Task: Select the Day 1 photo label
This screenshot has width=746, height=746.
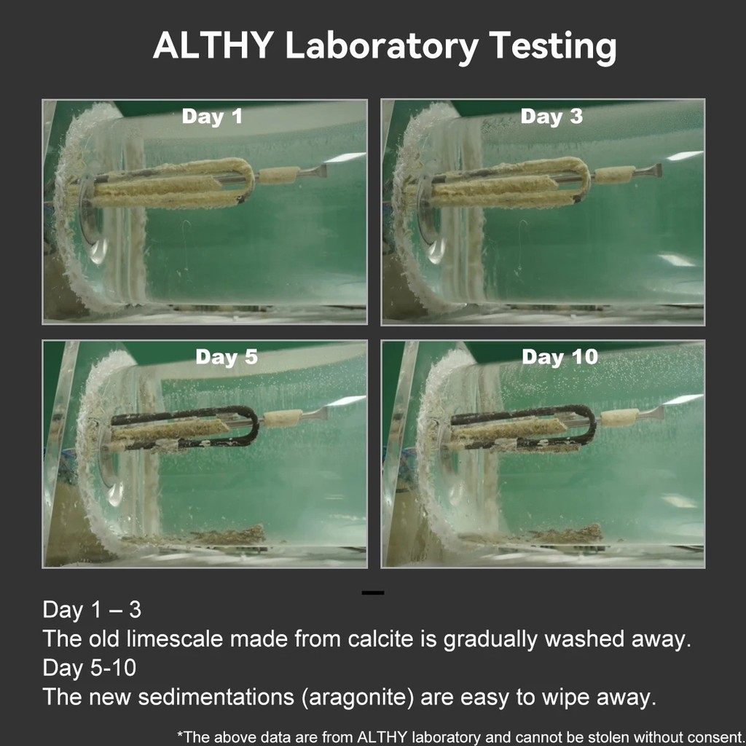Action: (x=211, y=117)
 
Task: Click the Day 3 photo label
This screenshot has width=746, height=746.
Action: (x=551, y=117)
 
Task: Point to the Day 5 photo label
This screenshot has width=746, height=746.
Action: (x=226, y=358)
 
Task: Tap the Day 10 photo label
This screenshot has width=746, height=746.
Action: (x=559, y=358)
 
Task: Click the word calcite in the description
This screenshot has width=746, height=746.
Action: (x=386, y=639)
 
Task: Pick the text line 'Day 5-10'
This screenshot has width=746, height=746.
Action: (x=89, y=667)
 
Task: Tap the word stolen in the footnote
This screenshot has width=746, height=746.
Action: (x=603, y=737)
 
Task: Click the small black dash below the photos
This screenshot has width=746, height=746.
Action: (x=372, y=593)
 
